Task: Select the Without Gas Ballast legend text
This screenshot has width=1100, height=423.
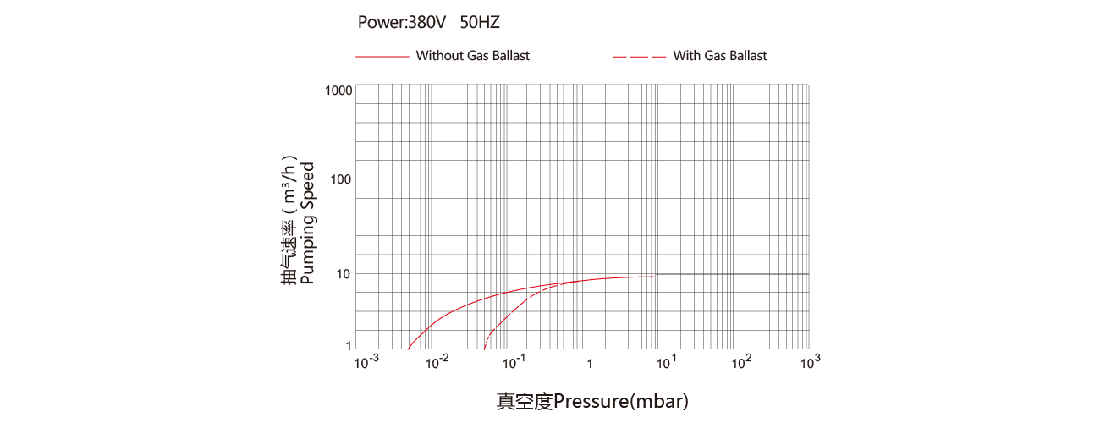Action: tap(472, 56)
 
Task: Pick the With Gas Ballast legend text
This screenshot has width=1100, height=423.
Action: tap(720, 56)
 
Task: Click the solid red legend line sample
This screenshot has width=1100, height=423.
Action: tap(382, 57)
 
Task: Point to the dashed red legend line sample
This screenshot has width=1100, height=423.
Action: tap(639, 57)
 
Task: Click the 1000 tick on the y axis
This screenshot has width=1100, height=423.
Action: tap(338, 91)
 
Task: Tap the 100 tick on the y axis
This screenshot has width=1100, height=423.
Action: tap(342, 179)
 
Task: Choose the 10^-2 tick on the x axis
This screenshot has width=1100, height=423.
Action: tap(437, 363)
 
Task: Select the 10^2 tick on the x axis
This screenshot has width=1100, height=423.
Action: tap(741, 363)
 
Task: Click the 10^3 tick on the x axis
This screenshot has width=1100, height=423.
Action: tap(810, 363)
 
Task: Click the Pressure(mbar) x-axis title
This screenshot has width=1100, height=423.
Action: tap(592, 401)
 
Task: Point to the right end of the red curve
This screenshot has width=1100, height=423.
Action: tap(654, 276)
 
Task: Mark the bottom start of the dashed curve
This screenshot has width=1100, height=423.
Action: tap(484, 348)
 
